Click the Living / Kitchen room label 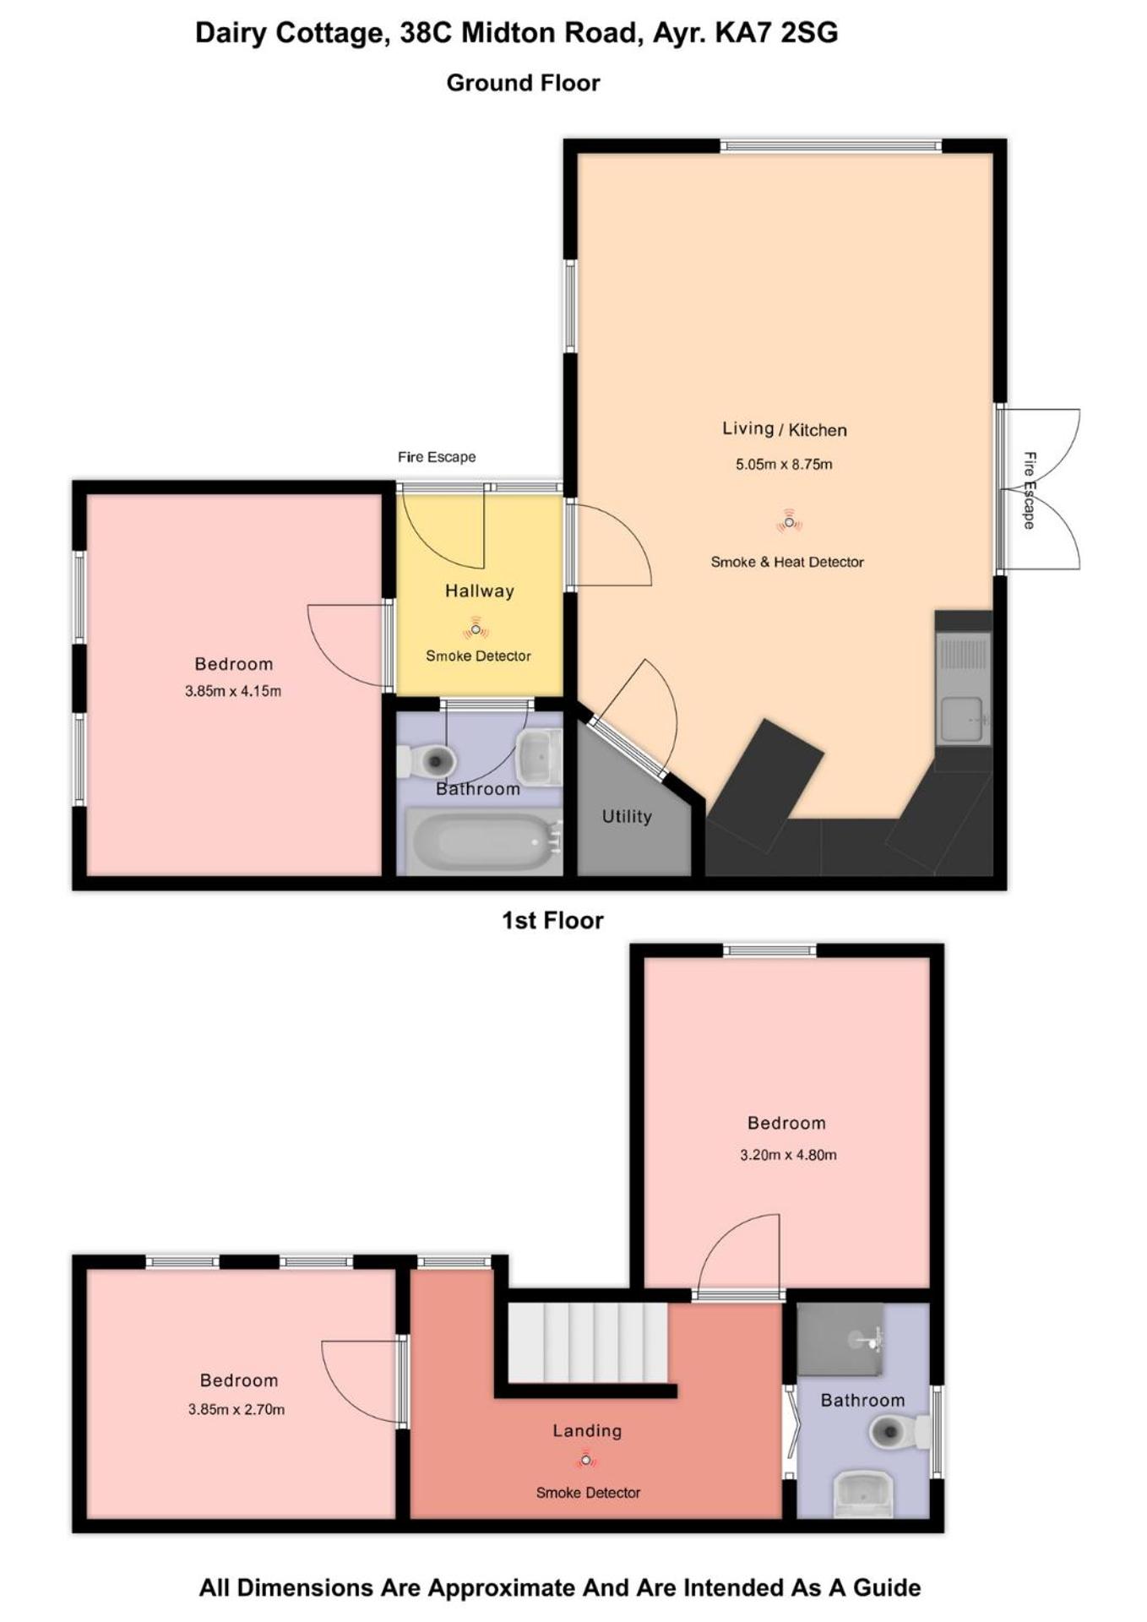784,429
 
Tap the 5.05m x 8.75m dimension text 784,464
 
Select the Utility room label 627,816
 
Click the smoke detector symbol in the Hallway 476,629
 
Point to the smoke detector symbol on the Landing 585,1459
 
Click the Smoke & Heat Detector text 787,562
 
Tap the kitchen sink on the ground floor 963,689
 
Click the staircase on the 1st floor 588,1342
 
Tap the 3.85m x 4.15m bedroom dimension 233,691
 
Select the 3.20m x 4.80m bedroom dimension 788,1155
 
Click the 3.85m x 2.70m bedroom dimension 236,1409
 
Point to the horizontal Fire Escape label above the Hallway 437,457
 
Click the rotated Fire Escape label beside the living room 1030,490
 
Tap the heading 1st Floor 552,920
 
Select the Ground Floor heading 523,83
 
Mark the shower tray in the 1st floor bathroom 840,1339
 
